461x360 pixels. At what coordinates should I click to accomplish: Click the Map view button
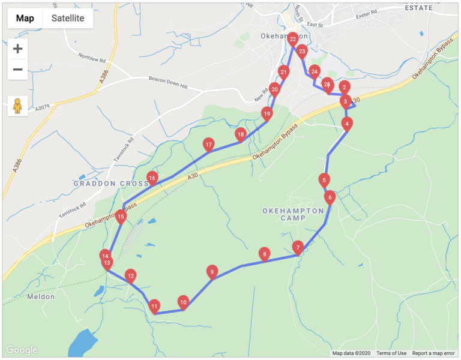coord(25,18)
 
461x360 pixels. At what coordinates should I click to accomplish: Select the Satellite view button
coord(68,18)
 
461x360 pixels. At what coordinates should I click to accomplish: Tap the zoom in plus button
coord(18,49)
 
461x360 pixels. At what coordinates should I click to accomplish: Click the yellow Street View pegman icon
coord(18,106)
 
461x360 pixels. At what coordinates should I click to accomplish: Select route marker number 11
coord(154,306)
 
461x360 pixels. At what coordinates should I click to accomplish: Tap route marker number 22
coord(292,40)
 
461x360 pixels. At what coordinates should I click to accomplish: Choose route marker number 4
coord(346,124)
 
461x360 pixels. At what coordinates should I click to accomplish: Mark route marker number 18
coord(241,135)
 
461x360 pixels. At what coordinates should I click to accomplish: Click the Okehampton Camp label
coord(293,214)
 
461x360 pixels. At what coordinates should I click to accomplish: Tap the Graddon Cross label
coord(110,184)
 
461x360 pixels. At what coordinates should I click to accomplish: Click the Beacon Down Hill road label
coord(168,82)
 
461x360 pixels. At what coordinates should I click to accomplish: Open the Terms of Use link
coord(391,353)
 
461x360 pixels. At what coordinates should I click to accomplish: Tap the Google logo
coord(22,350)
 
